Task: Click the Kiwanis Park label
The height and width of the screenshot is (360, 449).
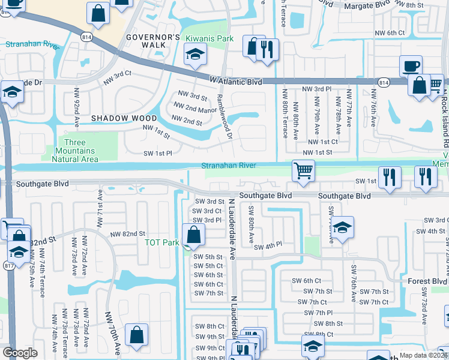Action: tap(209, 38)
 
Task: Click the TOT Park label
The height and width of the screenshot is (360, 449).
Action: tap(162, 243)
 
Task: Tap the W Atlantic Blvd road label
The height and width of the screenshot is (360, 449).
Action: tap(235, 80)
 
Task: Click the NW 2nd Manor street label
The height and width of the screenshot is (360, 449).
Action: tap(195, 109)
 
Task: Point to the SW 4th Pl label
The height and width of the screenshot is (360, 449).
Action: tap(268, 247)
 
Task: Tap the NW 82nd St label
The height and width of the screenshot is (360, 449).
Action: tap(128, 233)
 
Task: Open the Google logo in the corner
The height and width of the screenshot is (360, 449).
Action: tap(20, 353)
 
